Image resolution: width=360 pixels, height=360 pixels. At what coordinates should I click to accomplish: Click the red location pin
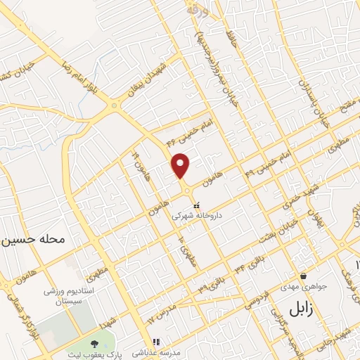click(x=181, y=166)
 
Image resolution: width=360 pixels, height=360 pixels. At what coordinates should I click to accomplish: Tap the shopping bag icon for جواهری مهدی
click(x=303, y=276)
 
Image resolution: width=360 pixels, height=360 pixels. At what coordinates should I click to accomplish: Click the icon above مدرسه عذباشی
click(x=156, y=342)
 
